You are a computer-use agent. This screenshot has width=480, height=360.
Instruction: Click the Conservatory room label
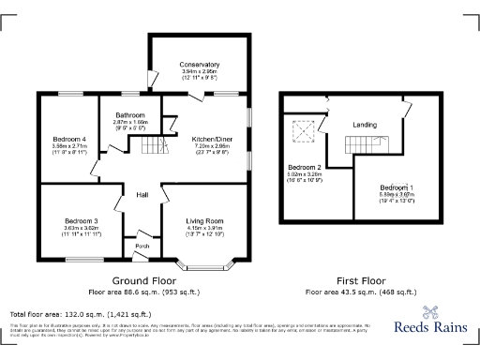click(199, 64)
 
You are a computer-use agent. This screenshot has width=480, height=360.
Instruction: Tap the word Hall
click(142, 194)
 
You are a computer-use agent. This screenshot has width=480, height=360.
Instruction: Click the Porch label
click(142, 247)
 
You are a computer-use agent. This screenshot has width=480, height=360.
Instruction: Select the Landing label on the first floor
click(365, 125)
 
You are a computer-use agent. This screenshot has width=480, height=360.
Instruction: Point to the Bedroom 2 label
click(304, 166)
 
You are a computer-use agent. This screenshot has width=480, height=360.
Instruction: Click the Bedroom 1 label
click(397, 187)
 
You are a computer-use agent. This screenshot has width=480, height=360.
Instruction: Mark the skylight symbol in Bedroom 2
click(304, 130)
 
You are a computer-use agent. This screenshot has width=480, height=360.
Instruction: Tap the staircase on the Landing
click(362, 146)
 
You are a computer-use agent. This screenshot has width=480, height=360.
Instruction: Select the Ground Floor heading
click(143, 280)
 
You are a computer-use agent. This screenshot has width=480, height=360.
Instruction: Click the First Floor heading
click(360, 280)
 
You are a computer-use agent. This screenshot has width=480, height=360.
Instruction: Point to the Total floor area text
click(80, 314)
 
